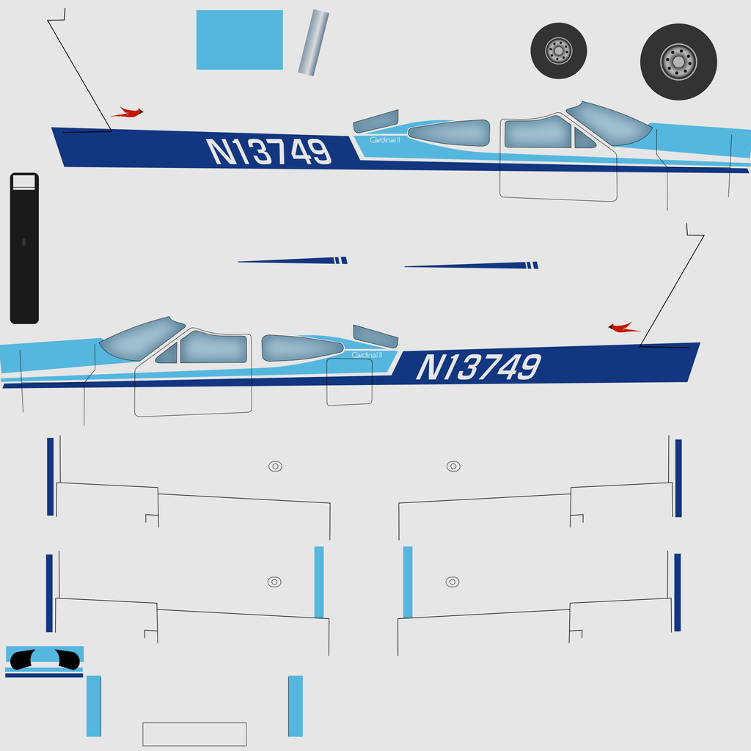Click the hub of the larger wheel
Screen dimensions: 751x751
click(678, 62)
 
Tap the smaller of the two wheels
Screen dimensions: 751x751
click(558, 51)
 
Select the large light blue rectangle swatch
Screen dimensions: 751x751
click(240, 40)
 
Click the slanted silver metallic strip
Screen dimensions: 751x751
click(314, 43)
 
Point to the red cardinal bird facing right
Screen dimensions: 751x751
click(128, 112)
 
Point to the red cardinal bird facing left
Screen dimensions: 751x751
click(624, 328)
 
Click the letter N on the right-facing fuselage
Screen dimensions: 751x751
click(221, 151)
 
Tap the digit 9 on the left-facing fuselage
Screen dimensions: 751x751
click(529, 367)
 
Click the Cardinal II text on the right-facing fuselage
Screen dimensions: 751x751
click(384, 140)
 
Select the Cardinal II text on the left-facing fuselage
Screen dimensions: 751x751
click(367, 355)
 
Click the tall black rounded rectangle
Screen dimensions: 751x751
click(24, 248)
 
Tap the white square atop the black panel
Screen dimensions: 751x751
click(24, 182)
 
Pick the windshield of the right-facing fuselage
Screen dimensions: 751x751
click(609, 123)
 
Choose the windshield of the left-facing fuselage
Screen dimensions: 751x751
click(142, 339)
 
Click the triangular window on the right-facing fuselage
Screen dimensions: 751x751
click(585, 139)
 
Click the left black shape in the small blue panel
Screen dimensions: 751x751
click(22, 659)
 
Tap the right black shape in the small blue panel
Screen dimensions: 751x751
click(67, 659)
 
